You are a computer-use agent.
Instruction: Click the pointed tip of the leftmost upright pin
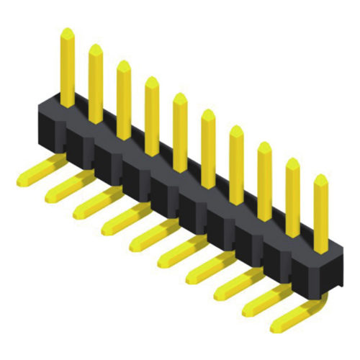coord(67,33)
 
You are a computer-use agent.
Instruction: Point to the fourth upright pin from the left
coord(152,115)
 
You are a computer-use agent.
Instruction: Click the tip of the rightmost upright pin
coord(320,179)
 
